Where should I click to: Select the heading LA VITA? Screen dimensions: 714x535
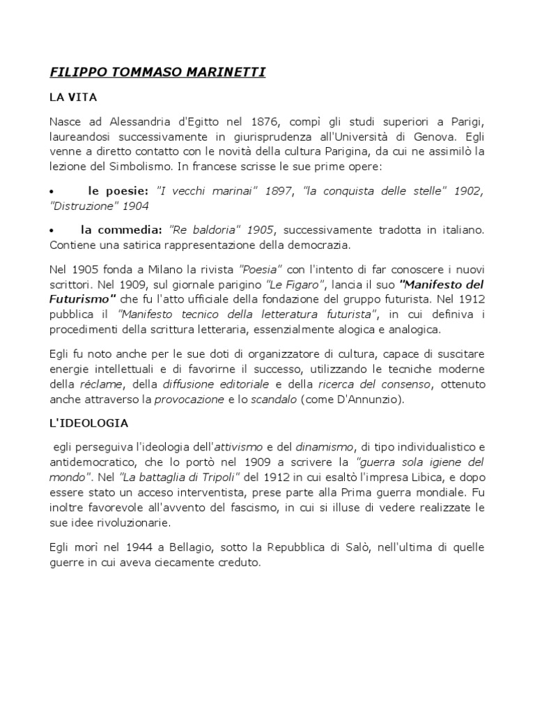(74, 100)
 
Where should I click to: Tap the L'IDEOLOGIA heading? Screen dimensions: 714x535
(89, 423)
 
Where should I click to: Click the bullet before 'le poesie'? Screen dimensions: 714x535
(52, 192)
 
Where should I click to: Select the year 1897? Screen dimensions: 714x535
(281, 191)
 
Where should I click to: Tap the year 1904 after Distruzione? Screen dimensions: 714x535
(135, 206)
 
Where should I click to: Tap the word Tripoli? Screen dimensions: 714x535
(217, 476)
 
